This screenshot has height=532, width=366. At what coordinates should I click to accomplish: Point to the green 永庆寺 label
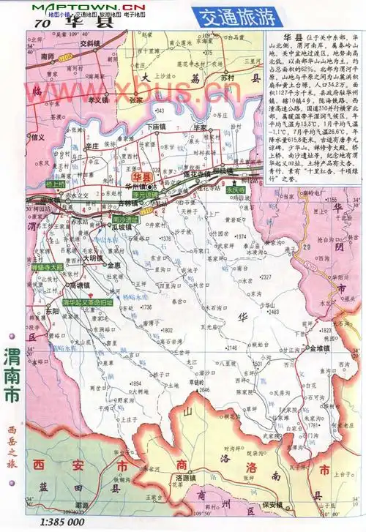tap(236, 189)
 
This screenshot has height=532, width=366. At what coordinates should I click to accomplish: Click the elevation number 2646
tap(204, 390)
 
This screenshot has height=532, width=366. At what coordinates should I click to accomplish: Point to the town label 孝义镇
tap(97, 100)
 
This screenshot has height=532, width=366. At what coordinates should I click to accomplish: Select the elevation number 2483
tap(274, 312)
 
